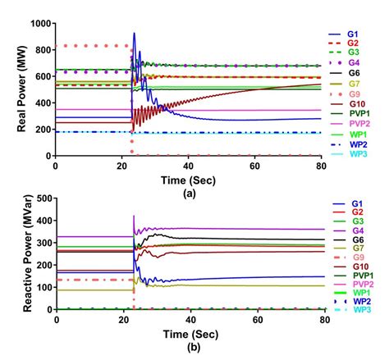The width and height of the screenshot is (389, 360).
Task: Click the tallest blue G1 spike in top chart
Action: point(134,34)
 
